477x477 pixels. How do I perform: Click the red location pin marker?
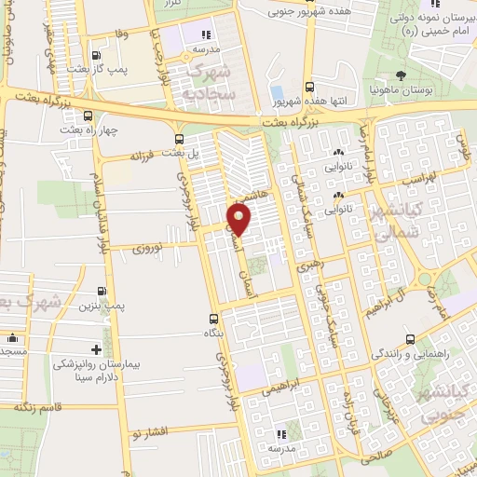pyautogui.click(x=239, y=220)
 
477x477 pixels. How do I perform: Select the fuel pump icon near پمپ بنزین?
pyautogui.click(x=102, y=289)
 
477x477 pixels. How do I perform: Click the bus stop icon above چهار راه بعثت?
pyautogui.click(x=88, y=116)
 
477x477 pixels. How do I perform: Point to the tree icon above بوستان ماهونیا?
pyautogui.click(x=400, y=75)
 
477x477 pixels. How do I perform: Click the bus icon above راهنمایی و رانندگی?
pyautogui.click(x=411, y=340)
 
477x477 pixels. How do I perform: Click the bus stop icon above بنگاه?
pyautogui.click(x=214, y=317)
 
